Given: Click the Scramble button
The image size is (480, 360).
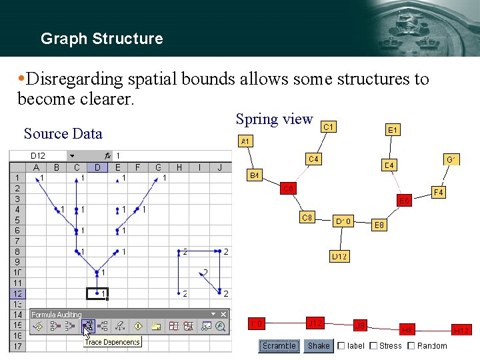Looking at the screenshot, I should click(x=279, y=345).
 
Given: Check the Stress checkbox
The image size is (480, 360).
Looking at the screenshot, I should click(x=373, y=345).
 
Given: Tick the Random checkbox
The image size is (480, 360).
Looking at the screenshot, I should click(x=411, y=345).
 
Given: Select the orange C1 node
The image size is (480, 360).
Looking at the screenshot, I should click(x=328, y=126).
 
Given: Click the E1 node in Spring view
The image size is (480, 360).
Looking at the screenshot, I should click(x=393, y=131).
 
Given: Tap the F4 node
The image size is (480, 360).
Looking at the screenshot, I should click(x=439, y=193).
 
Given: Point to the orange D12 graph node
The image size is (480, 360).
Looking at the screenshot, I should click(x=340, y=256).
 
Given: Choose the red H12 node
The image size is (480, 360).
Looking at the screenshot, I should click(x=461, y=330).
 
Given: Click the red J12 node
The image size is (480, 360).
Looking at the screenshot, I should click(x=315, y=323).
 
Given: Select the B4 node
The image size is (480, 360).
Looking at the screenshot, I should click(x=255, y=175).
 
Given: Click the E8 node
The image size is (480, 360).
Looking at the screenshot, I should click(x=379, y=225).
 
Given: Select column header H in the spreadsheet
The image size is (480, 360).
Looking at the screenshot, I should click(x=179, y=167).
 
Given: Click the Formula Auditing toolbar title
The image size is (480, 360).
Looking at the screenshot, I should click(x=57, y=315).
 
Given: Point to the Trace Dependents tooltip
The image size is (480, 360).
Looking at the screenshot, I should click(x=113, y=342).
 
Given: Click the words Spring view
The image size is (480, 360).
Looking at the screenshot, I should click(x=274, y=119).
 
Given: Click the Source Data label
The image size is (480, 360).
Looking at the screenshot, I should click(x=63, y=133).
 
